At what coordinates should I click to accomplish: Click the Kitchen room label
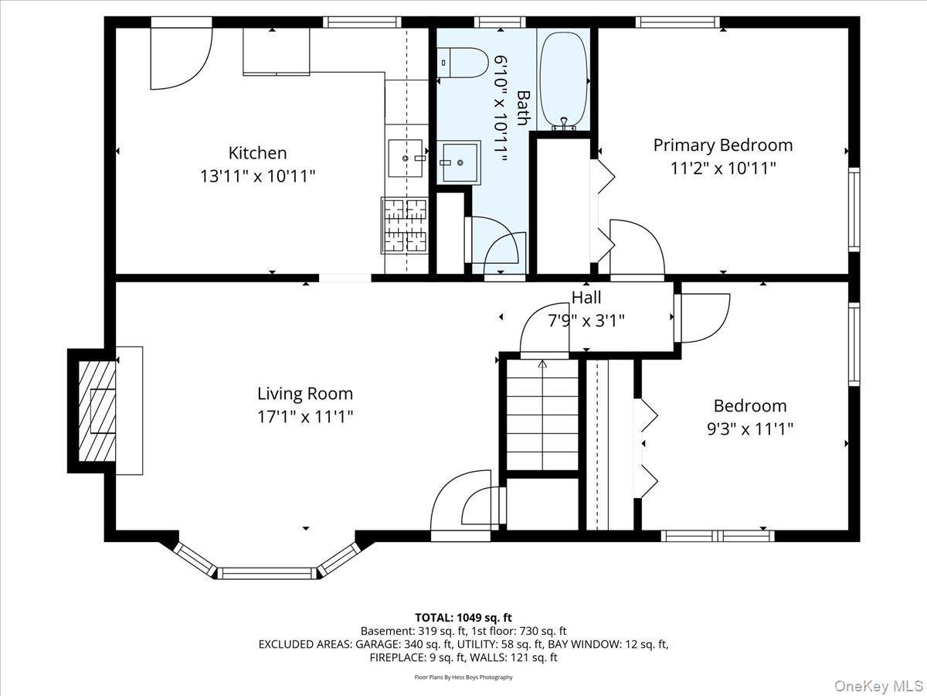click(257, 153)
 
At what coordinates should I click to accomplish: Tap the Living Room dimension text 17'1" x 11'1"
click(305, 417)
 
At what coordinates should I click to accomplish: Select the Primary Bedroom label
click(722, 145)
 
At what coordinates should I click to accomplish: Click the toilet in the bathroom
click(462, 63)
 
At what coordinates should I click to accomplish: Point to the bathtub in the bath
click(562, 80)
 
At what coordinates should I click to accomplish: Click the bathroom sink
click(458, 162)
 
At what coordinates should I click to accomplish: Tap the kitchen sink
click(406, 158)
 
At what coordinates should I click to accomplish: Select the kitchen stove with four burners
click(404, 225)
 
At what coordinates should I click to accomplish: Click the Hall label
click(586, 298)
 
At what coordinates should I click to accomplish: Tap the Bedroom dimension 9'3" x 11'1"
click(750, 428)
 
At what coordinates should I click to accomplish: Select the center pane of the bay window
click(267, 573)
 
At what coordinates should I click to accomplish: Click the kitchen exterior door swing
click(180, 56)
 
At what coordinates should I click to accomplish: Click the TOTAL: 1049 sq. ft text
click(463, 617)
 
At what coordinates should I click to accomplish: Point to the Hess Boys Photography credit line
click(463, 677)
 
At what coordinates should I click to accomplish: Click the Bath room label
click(523, 108)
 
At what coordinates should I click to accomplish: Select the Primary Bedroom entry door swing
click(636, 248)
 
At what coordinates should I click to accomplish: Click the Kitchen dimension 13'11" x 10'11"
click(257, 176)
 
